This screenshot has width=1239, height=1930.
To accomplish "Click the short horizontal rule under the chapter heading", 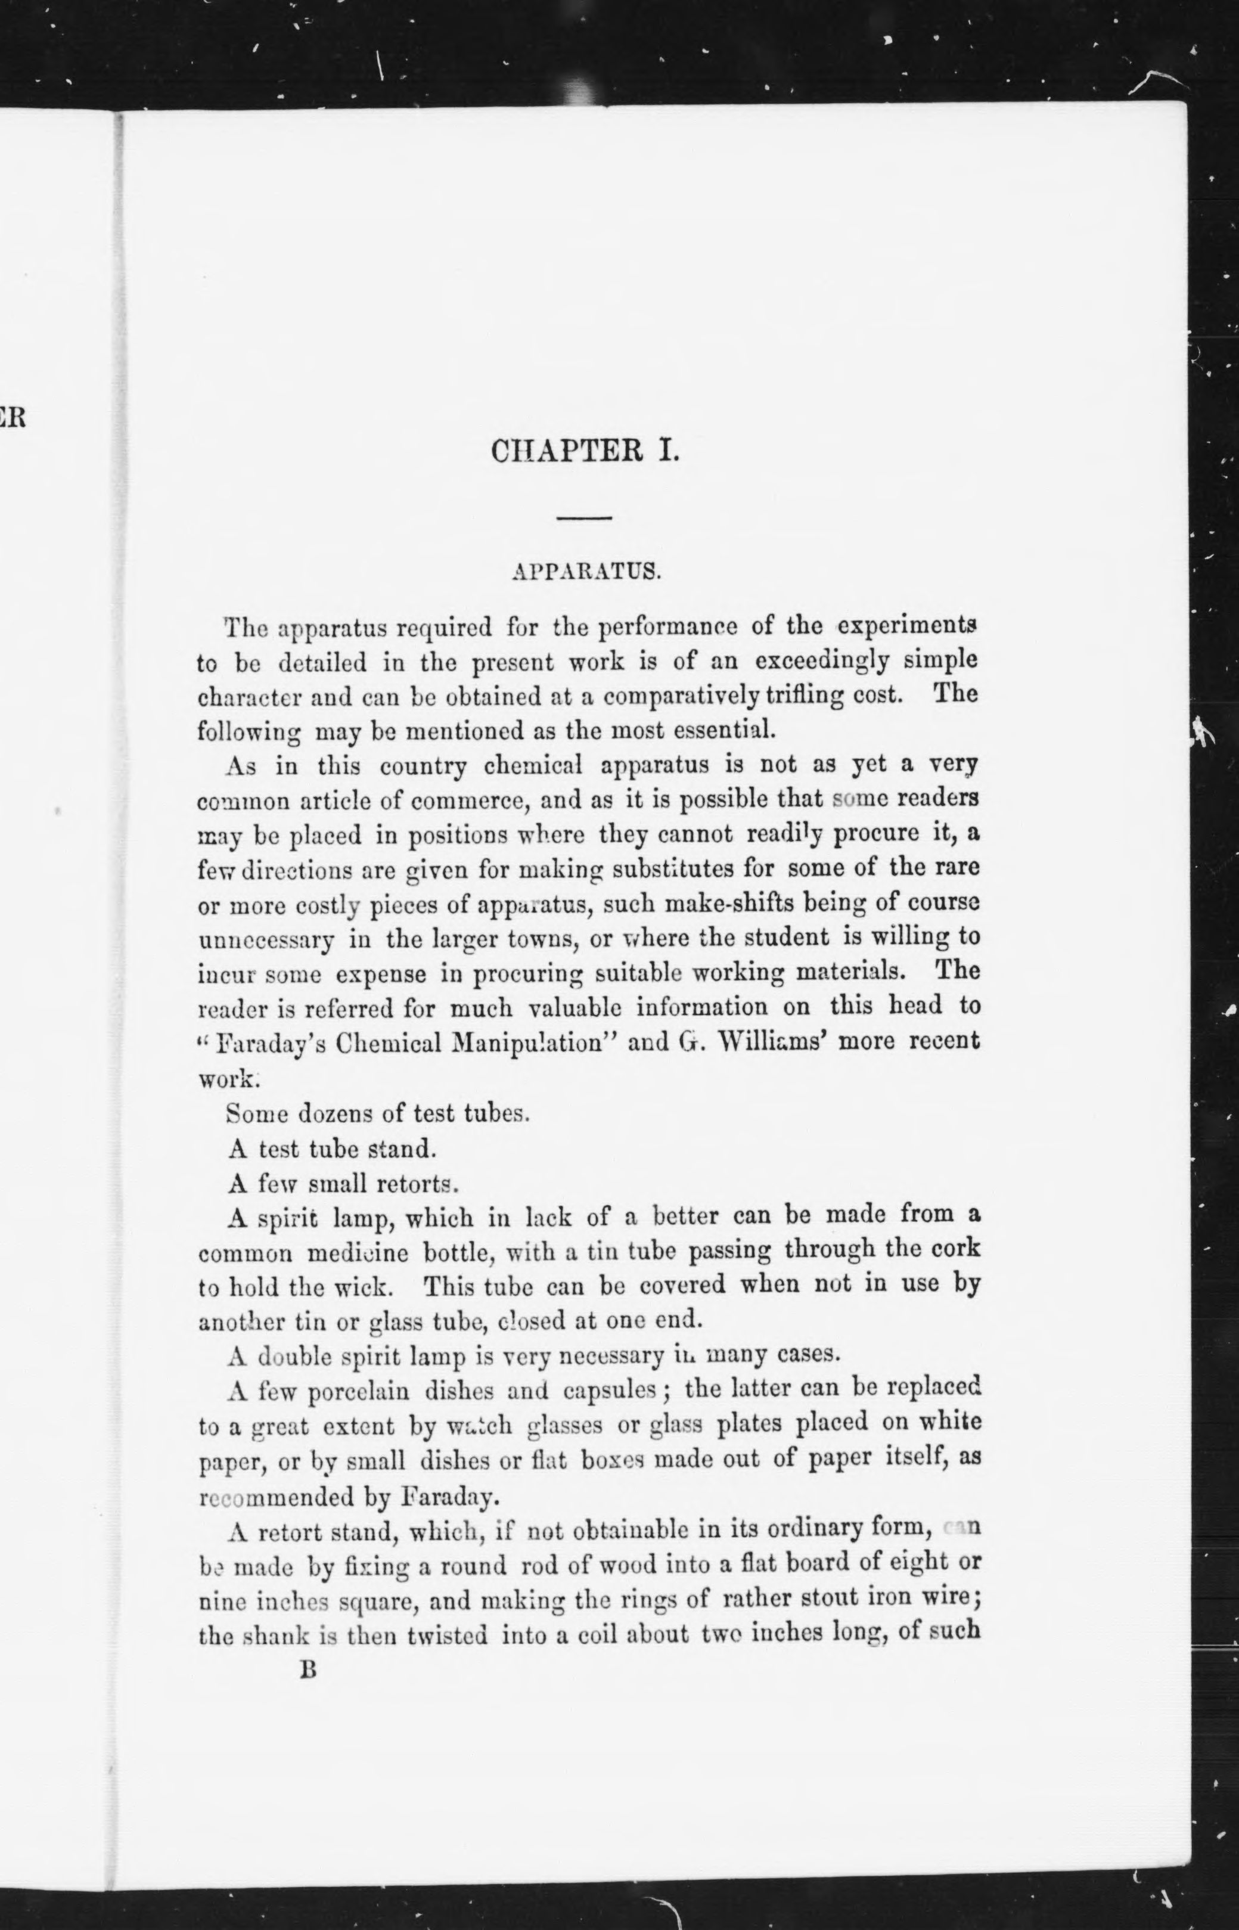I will (585, 517).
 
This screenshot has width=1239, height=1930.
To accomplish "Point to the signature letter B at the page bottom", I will (308, 1670).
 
